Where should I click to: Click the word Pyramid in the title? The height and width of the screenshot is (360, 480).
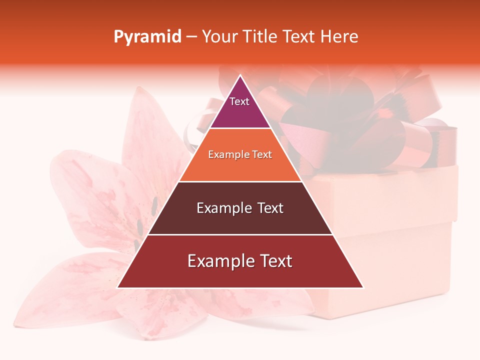pyautogui.click(x=147, y=37)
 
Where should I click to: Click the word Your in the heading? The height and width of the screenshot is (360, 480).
pyautogui.click(x=218, y=36)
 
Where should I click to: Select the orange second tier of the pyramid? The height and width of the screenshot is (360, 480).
pyautogui.click(x=240, y=167)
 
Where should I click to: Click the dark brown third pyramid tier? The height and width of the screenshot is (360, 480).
pyautogui.click(x=240, y=220)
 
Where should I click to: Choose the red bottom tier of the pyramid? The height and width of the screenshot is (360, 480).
pyautogui.click(x=240, y=275)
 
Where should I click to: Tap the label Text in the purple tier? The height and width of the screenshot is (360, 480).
pyautogui.click(x=239, y=101)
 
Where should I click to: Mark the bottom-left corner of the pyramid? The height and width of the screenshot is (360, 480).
pyautogui.click(x=118, y=287)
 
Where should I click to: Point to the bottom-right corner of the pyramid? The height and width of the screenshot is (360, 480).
pyautogui.click(x=363, y=287)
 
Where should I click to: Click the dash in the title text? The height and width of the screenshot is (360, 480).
pyautogui.click(x=191, y=37)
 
